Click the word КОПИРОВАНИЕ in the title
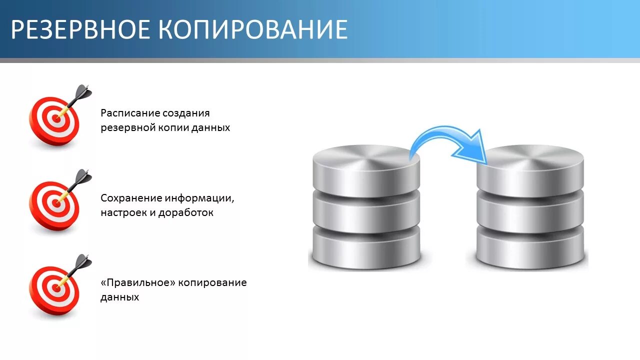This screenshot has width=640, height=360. [x=253, y=30]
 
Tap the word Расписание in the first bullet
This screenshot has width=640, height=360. [x=130, y=113]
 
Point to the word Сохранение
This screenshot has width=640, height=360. [x=131, y=198]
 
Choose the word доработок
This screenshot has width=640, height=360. [x=185, y=212]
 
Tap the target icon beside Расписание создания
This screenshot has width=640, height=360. [x=54, y=120]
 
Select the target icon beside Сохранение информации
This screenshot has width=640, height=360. [x=54, y=204]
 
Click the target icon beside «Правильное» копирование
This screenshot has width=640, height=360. [x=54, y=289]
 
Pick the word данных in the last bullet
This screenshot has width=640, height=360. [x=119, y=297]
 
